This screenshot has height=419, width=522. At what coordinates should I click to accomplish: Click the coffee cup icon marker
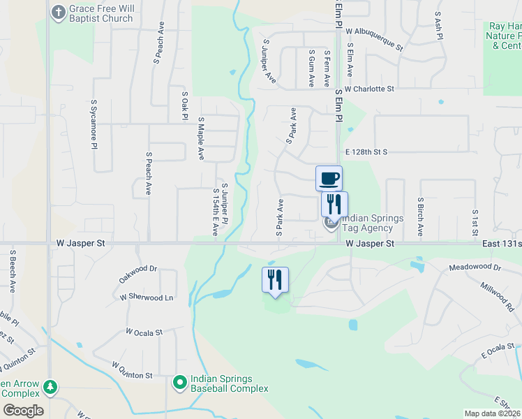(x=329, y=178)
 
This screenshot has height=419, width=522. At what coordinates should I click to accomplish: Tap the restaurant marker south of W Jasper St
(x=275, y=279)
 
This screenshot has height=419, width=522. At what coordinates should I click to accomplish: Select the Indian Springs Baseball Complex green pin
(x=181, y=382)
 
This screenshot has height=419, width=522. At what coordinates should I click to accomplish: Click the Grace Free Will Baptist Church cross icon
(x=57, y=12)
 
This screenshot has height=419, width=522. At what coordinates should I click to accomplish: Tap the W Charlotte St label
(x=373, y=89)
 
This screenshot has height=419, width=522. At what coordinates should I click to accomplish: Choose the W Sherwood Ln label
(x=146, y=297)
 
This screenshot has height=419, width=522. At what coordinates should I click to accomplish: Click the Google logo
(x=22, y=410)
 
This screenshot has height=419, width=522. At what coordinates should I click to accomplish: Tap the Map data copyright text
(x=491, y=413)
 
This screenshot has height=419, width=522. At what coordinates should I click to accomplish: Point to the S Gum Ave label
(x=310, y=68)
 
